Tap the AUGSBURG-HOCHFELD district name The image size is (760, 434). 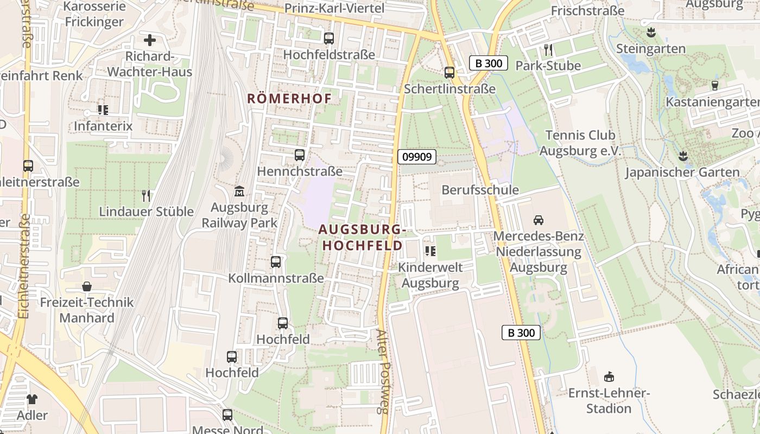(x=363, y=238)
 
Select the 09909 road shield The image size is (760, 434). (x=417, y=157)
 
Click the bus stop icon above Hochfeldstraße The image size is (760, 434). (x=329, y=39)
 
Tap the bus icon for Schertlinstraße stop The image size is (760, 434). (x=449, y=73)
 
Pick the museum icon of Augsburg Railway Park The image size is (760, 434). (x=239, y=192)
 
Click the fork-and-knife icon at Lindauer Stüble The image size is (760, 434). (x=145, y=195)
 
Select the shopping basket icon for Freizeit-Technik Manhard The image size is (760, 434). (x=87, y=286)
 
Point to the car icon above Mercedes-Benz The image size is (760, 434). (x=539, y=220)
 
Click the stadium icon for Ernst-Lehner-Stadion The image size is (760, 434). (x=609, y=376)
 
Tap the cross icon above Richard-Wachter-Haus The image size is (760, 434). (x=149, y=40)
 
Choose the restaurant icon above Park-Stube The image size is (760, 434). (x=548, y=50)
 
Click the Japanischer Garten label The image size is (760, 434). (x=682, y=173)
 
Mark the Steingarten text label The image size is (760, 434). (x=651, y=49)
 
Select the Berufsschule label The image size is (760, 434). (x=480, y=190)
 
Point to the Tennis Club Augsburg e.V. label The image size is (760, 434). (x=580, y=143)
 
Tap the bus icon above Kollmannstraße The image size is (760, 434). (x=276, y=262)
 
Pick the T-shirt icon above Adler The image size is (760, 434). (x=32, y=399)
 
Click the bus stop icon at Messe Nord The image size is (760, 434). (x=227, y=415)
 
